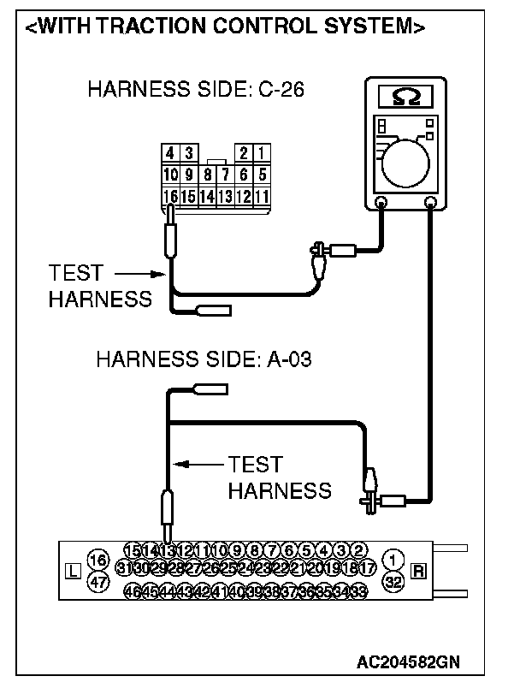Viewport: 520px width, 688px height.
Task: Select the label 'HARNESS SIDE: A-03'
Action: pyautogui.click(x=204, y=359)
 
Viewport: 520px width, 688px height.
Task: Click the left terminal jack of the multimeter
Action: pyautogui.click(x=381, y=204)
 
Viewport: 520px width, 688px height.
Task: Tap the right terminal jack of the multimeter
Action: pyautogui.click(x=431, y=204)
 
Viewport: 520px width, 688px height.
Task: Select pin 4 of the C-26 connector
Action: pyautogui.click(x=170, y=153)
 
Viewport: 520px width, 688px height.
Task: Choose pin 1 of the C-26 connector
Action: pyautogui.click(x=262, y=153)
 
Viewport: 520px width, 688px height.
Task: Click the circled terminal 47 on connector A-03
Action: pyautogui.click(x=97, y=582)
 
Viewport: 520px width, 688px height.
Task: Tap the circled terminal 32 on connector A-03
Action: pyautogui.click(x=393, y=582)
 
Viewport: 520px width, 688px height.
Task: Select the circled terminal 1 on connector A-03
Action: pyautogui.click(x=393, y=560)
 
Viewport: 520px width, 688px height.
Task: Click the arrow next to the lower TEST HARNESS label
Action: pyautogui.click(x=197, y=465)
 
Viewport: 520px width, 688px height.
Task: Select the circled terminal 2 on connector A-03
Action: pyautogui.click(x=360, y=549)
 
